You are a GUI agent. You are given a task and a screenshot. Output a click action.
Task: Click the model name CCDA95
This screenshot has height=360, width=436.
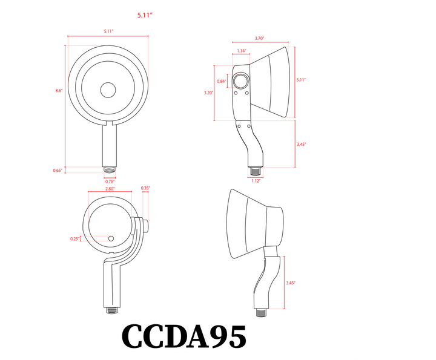coord(184,336)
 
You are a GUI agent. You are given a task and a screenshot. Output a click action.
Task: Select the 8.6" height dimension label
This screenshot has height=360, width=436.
coord(59,91)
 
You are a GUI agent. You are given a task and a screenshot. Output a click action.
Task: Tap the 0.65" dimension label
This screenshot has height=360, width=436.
coord(58,171)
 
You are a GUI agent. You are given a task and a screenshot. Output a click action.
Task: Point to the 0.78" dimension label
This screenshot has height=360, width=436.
coord(110,182)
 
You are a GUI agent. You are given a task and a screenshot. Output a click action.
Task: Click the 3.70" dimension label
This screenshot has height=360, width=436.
coord(259,39)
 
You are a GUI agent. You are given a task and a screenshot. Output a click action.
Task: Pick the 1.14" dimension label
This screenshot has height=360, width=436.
coord(241,51)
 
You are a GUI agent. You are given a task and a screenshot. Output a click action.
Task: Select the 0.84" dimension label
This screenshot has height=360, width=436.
coord(221,81)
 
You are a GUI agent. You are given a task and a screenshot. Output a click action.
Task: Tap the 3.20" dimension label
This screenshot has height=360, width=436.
coord(208,93)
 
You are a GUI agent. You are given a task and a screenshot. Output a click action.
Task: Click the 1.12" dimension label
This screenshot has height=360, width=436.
coord(256,180)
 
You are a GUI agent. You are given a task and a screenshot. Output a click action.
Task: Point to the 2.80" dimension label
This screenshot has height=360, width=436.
coord(110,189)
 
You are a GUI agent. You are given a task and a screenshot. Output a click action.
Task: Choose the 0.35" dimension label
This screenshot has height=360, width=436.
coord(145,188)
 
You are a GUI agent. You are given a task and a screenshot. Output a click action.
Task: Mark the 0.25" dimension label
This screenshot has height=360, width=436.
coord(74,239)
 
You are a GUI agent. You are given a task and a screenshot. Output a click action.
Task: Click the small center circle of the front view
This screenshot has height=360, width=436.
coord(108,90)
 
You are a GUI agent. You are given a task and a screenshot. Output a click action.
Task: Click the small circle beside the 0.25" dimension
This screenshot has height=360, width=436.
coord(111,238)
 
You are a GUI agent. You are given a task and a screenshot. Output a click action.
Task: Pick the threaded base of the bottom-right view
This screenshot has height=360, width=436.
coord(261,313)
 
